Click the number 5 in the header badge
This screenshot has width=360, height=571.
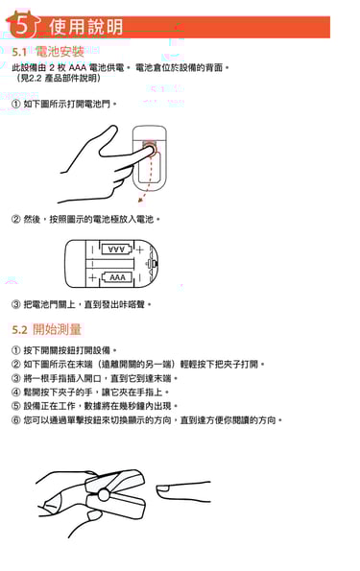click(22, 26)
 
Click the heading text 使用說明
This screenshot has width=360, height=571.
click(86, 27)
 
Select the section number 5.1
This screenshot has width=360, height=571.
click(19, 52)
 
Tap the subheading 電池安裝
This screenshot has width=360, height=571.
click(60, 52)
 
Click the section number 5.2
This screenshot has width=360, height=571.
click(19, 330)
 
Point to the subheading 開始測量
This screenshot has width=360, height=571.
click(58, 329)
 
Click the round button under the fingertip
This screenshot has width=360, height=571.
click(150, 150)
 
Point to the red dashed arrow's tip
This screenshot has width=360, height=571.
click(139, 201)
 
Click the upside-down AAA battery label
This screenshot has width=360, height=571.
click(116, 250)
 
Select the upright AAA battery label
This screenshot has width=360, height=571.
click(117, 277)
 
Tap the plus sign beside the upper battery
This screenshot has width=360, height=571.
click(140, 250)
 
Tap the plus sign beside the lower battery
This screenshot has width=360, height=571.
click(92, 278)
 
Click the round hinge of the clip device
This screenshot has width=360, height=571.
click(105, 495)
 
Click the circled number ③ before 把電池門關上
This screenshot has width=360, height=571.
click(15, 304)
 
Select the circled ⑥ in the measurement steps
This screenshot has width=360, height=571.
click(15, 420)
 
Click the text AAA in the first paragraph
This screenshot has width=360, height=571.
click(77, 68)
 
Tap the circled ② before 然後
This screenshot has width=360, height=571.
click(15, 219)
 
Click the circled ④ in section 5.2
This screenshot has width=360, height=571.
click(15, 393)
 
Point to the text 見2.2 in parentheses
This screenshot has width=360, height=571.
click(31, 78)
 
